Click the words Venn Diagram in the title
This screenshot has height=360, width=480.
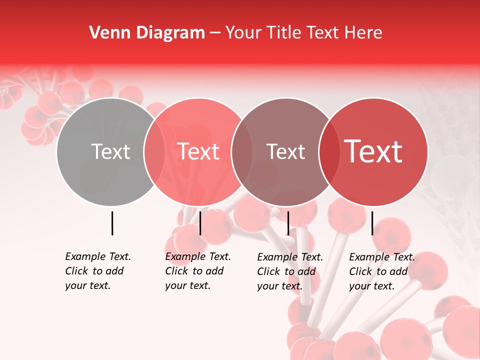coord(147,33)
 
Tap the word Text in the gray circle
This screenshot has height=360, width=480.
coord(110,151)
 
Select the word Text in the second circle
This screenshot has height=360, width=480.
coord(198,151)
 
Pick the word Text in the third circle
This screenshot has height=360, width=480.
coord(286,151)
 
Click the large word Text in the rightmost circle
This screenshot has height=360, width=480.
coord(373,151)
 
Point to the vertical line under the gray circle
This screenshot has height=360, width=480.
coord(112,223)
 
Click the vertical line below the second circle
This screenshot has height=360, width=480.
coord(200,223)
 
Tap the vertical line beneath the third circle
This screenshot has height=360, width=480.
coord(288,223)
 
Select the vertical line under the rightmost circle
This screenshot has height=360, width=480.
coord(372,223)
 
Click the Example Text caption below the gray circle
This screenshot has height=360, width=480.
coord(98,256)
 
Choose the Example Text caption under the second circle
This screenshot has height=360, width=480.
coord(198,256)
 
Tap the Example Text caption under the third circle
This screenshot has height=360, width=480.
coord(290,257)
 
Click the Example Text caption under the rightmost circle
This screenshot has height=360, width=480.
coord(382,257)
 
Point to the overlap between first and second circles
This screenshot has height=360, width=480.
coord(154,151)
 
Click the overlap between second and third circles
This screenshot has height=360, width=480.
coord(242,151)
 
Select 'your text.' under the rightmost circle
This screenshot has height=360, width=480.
coord(371,286)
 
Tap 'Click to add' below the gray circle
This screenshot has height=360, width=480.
coord(94,271)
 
